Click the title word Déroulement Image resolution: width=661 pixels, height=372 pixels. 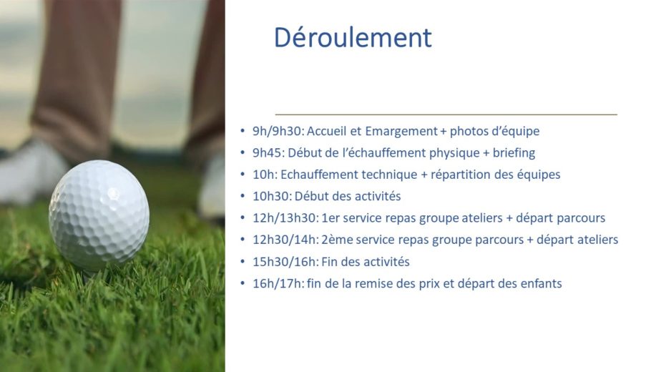click(x=353, y=37)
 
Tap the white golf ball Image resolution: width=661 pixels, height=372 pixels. click(x=99, y=215)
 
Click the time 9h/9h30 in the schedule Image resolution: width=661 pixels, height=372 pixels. click(x=278, y=131)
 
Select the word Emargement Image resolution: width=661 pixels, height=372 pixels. click(x=401, y=132)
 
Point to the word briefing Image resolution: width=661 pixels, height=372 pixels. click(x=514, y=153)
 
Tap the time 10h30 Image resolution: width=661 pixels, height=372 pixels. click(x=271, y=196)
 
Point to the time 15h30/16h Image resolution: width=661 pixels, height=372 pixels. click(x=285, y=262)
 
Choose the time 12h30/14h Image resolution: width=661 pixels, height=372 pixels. click(x=285, y=240)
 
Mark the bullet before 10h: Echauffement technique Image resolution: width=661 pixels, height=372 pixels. click(x=243, y=174)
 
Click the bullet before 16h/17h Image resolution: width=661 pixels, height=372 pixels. click(x=243, y=283)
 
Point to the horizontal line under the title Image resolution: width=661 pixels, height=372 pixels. click(x=446, y=114)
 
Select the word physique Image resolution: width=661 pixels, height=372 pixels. click(x=454, y=153)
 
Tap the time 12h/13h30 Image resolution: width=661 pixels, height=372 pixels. click(x=285, y=218)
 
